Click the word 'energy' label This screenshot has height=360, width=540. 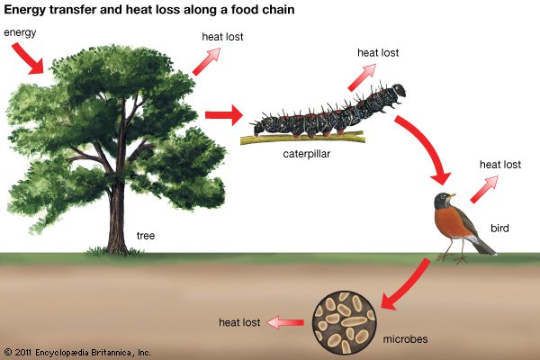(x=22, y=33)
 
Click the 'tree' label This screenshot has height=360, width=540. (x=146, y=236)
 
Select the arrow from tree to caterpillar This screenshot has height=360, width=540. (x=224, y=115)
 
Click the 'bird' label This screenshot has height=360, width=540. (x=500, y=229)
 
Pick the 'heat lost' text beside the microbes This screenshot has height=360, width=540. (x=240, y=321)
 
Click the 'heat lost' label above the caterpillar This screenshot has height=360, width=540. (x=378, y=52)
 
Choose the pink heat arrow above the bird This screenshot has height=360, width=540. (x=484, y=187)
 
